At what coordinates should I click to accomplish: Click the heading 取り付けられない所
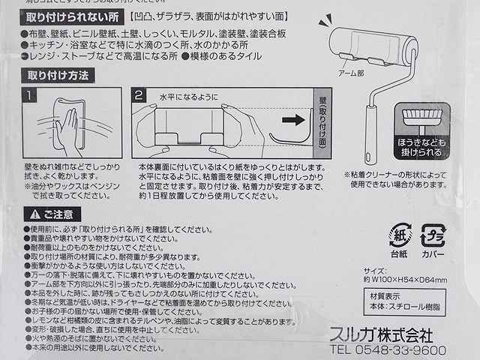click(72, 16)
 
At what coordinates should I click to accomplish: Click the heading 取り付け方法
click(58, 75)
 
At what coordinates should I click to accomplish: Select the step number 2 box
click(139, 96)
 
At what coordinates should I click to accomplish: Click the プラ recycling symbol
click(433, 235)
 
